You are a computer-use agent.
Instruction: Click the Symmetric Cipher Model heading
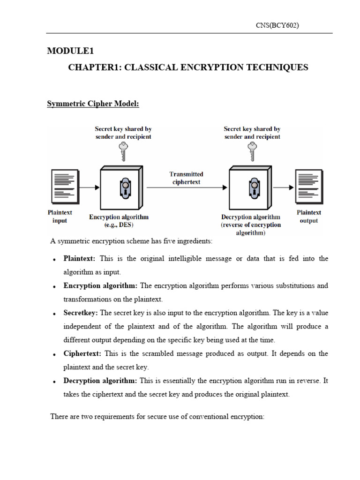(x=93, y=104)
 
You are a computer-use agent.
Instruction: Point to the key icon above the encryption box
(x=123, y=151)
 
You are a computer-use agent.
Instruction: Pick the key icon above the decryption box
(x=252, y=151)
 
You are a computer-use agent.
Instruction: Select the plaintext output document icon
(x=308, y=187)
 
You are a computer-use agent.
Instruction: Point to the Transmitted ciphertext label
(x=186, y=178)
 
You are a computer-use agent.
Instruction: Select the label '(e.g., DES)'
(x=119, y=225)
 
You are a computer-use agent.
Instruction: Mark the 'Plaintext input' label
(x=60, y=217)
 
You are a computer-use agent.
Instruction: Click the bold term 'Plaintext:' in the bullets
(x=80, y=259)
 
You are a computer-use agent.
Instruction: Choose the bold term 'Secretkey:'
(x=81, y=313)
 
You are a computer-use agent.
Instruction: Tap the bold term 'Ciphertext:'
(x=82, y=353)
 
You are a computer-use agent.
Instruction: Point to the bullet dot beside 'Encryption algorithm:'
(x=55, y=286)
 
